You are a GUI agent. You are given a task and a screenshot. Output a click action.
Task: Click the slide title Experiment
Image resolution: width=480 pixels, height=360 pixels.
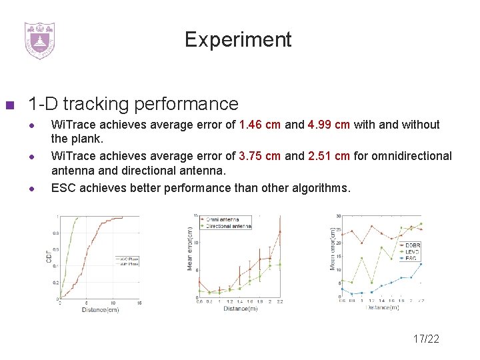238,39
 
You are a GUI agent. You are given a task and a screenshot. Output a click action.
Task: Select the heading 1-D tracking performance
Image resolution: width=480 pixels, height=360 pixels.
133,104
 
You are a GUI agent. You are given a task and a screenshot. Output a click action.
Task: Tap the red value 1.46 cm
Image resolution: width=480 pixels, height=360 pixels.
260,125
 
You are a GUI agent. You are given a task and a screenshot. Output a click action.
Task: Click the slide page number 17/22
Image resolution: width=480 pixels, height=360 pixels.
426,339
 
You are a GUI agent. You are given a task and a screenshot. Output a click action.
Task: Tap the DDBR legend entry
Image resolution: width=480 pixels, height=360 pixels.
412,245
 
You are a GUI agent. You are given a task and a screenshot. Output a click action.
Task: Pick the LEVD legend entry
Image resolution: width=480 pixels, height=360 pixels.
412,251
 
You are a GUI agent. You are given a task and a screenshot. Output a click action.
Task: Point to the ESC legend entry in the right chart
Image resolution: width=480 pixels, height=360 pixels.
411,258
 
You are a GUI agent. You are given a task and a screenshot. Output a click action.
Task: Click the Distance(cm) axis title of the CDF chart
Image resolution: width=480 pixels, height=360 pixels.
101,309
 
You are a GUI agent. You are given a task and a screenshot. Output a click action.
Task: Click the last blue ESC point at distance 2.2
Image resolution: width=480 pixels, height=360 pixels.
421,265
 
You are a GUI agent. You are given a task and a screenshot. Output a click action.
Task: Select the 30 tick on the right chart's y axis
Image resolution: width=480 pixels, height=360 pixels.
339,216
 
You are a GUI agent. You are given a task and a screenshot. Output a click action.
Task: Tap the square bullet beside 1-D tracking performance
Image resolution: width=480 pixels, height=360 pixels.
9,105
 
